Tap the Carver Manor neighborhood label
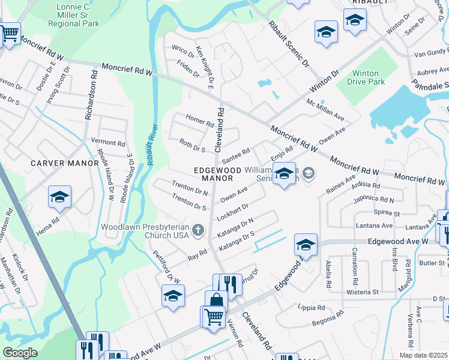(65, 163)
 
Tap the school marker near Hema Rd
(60, 197)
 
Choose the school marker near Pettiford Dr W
(173, 296)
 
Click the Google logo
(20, 353)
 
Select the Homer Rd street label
(200, 120)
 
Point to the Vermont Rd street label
(107, 143)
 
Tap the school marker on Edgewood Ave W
(306, 245)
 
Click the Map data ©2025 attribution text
(424, 355)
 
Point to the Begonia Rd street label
(328, 319)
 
